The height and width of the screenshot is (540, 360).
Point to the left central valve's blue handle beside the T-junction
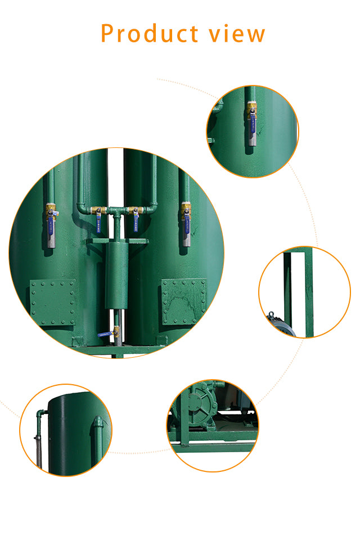(98, 222)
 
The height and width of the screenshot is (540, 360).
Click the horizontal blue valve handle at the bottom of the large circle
(105, 334)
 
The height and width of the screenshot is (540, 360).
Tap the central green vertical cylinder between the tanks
(116, 276)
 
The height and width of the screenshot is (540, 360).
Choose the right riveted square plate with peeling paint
(184, 301)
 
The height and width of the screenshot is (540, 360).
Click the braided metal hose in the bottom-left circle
(38, 451)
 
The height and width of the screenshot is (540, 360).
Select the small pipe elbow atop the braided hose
(40, 414)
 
